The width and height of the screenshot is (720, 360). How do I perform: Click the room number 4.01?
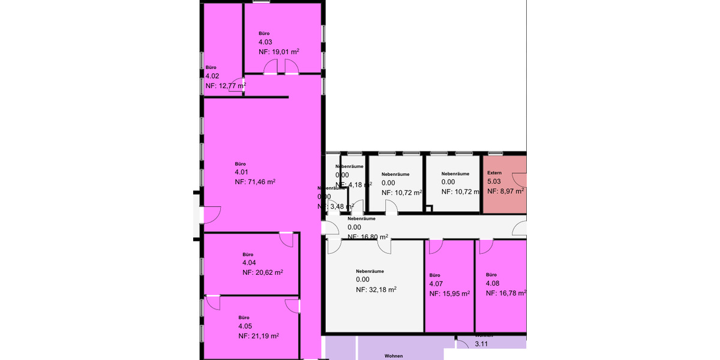point(241,172)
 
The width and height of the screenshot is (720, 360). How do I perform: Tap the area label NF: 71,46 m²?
point(255,181)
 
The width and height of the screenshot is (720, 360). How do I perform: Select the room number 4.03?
point(265,43)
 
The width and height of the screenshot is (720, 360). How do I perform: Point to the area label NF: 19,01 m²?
point(279,52)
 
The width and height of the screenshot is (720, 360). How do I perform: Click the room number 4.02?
point(212,77)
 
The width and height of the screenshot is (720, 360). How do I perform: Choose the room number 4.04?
point(249,263)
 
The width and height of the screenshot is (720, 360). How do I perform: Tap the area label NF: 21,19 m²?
point(259,335)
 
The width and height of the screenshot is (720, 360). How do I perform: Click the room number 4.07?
point(436,284)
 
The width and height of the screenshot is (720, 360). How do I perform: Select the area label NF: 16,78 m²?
point(506,293)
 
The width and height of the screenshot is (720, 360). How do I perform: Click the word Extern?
point(494,173)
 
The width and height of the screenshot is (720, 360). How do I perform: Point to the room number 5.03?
point(494,182)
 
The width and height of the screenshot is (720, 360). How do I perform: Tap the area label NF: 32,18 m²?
point(376,289)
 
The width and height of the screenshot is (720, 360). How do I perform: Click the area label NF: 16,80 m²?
point(368,237)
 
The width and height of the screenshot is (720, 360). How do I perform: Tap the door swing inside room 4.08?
point(486,245)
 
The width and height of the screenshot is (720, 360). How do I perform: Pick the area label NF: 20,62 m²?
point(263,272)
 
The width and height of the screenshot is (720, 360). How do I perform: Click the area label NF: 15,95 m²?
point(449,294)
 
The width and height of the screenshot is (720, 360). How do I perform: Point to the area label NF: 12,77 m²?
point(226,86)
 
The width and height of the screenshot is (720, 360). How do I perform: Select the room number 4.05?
point(245,326)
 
